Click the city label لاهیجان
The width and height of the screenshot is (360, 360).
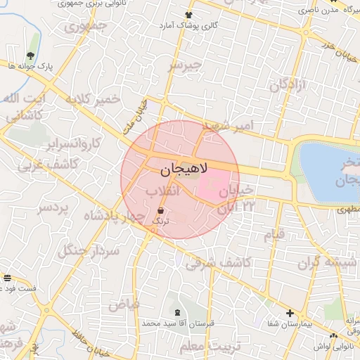180,169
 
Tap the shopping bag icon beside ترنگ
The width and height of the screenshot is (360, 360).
161,210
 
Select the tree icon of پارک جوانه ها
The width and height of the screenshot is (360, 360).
30,55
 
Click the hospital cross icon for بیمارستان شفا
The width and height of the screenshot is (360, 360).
290,313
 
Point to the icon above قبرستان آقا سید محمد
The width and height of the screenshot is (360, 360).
176,310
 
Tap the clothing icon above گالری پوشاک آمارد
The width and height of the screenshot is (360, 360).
188,15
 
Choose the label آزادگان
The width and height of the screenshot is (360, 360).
287,85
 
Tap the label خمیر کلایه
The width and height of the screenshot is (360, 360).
91,101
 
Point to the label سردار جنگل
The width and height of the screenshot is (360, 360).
89,250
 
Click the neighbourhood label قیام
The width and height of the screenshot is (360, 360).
274,233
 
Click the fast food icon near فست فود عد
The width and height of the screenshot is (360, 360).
7,278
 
